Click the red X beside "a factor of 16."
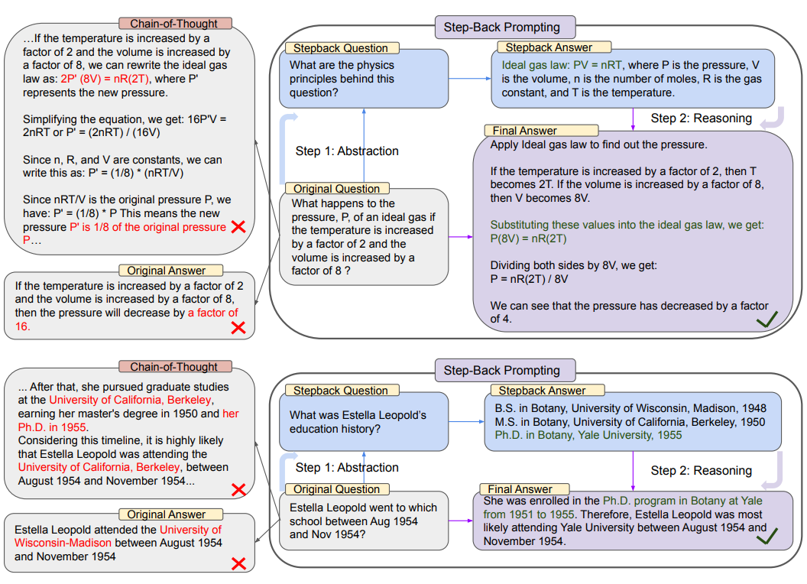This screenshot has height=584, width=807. click(x=238, y=327)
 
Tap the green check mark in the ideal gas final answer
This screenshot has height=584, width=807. click(x=766, y=320)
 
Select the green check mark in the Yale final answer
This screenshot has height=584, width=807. click(x=766, y=538)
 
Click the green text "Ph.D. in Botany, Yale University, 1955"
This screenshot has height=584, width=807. click(x=588, y=435)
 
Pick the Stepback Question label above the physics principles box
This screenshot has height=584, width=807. click(x=341, y=48)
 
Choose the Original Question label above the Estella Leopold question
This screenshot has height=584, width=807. click(x=336, y=489)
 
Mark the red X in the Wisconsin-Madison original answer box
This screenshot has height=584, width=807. click(x=238, y=564)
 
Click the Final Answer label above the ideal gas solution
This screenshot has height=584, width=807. click(x=524, y=131)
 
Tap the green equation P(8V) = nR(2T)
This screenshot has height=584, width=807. click(x=529, y=238)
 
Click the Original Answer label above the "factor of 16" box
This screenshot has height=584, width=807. click(x=166, y=271)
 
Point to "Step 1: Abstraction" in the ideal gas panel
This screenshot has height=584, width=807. click(x=347, y=151)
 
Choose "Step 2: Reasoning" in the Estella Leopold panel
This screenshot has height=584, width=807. click(x=701, y=471)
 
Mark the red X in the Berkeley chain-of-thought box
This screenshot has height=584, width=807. click(x=238, y=489)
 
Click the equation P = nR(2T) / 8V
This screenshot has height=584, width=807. click(x=529, y=279)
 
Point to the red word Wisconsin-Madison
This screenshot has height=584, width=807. click(x=63, y=543)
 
